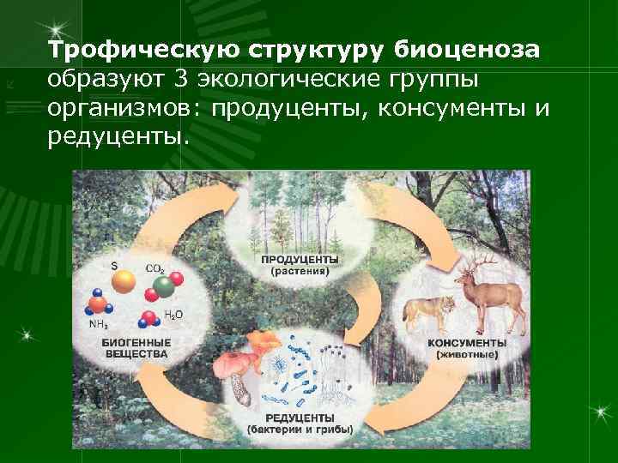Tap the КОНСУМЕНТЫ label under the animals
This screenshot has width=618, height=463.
pyautogui.click(x=467, y=342)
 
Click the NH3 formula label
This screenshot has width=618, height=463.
pyautogui.click(x=100, y=325)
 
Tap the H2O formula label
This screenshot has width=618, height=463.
pyautogui.click(x=173, y=315)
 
